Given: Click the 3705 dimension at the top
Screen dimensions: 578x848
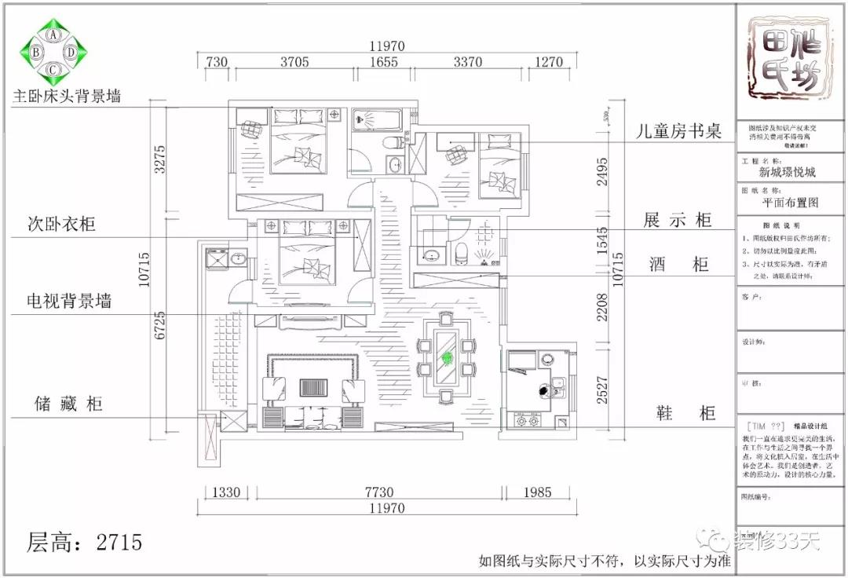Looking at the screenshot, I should [x=294, y=63].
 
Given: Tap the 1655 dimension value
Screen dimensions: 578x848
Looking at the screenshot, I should [x=384, y=63].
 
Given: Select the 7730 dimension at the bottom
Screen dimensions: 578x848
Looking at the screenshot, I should [x=378, y=492].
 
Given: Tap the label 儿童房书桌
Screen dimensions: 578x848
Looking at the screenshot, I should [x=678, y=131].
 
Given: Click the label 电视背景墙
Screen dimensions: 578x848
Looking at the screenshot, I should [x=69, y=301].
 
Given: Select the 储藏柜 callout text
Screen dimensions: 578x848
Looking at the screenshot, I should [x=68, y=404].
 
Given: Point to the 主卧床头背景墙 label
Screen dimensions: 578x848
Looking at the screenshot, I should [x=67, y=97].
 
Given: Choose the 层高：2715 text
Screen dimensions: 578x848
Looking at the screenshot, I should [x=85, y=542].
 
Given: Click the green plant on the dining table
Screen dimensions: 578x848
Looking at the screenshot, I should [x=447, y=359].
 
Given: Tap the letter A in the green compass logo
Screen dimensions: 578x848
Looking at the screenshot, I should [x=53, y=35].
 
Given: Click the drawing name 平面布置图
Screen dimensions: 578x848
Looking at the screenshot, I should [x=790, y=203].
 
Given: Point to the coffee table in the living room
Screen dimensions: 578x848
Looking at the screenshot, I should [x=313, y=388].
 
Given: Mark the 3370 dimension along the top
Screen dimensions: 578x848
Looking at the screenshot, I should [x=468, y=63].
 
